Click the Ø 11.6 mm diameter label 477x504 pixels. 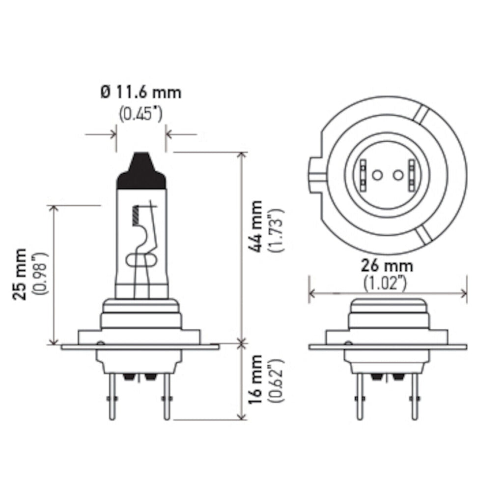(x=140, y=92)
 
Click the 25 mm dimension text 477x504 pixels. (x=20, y=275)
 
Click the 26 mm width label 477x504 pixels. (x=387, y=266)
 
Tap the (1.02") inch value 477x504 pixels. (x=387, y=284)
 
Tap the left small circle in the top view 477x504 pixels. (x=376, y=174)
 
